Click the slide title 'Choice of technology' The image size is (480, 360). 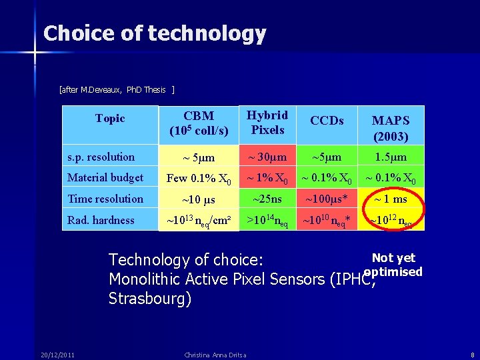[x=154, y=33]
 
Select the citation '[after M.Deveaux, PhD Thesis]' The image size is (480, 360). [x=117, y=89]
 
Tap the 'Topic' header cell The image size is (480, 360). [x=110, y=119]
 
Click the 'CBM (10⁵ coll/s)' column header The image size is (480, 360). [x=199, y=123]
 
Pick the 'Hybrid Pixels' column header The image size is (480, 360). [x=267, y=123]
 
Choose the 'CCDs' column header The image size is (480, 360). [x=327, y=121]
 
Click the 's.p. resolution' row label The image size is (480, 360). [x=101, y=157]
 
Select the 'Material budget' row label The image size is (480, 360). [x=105, y=178]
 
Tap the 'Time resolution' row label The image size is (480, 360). [x=105, y=199]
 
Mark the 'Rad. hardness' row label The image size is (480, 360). [x=101, y=220]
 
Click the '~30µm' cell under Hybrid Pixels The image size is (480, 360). [x=267, y=157]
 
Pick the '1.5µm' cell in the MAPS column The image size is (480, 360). [x=391, y=157]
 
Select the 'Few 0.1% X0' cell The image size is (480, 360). [x=199, y=179]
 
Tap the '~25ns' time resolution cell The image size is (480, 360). [x=267, y=199]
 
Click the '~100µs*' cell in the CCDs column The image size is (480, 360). [x=327, y=199]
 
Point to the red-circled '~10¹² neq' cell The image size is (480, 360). [x=391, y=221]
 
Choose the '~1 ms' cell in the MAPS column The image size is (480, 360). [x=391, y=199]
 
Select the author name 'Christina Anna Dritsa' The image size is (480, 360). [x=214, y=354]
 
